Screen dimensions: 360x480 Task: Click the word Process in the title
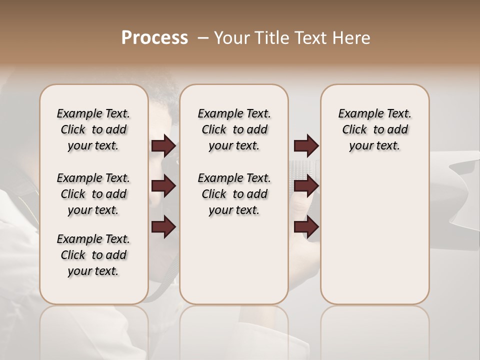click(154, 38)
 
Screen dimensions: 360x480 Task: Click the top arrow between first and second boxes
click(163, 146)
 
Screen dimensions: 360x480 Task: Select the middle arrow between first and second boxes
click(163, 186)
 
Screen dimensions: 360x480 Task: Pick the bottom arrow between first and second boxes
click(163, 227)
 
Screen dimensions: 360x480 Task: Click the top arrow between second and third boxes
click(306, 146)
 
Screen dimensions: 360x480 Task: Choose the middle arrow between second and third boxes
click(306, 186)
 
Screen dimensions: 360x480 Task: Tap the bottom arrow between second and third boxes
click(306, 227)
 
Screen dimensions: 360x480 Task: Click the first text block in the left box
click(93, 129)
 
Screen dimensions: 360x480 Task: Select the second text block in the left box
click(93, 194)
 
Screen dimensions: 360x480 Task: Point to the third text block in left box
click(93, 255)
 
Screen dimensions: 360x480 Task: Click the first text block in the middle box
click(234, 129)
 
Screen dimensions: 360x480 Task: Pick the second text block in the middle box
click(234, 194)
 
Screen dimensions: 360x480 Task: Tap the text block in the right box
click(374, 129)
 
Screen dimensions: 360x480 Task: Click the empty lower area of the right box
click(374, 240)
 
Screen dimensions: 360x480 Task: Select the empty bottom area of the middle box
click(234, 265)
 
